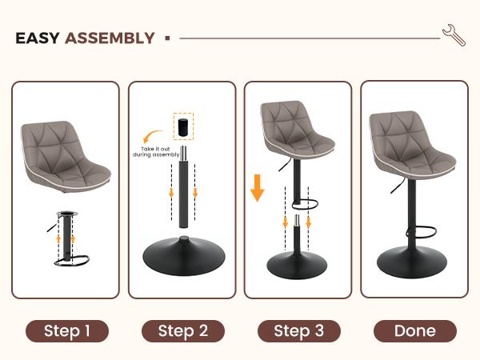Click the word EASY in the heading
[x=38, y=38]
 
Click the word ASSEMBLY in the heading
[x=110, y=38]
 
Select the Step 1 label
[x=67, y=330]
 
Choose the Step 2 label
[x=182, y=330]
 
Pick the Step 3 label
[x=298, y=330]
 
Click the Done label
[x=414, y=330]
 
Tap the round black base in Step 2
[x=182, y=258]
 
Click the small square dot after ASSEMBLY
[x=166, y=38]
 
